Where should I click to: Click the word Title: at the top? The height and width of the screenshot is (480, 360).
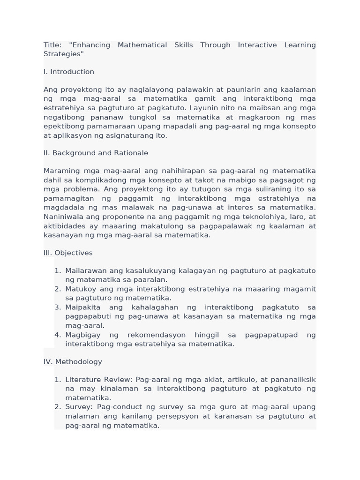tap(52, 45)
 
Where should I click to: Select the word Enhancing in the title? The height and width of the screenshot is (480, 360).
tap(91, 45)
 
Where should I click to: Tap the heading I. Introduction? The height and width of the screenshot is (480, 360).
tap(69, 72)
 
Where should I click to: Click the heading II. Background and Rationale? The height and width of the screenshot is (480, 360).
tap(96, 153)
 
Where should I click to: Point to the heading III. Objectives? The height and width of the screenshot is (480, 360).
tap(68, 253)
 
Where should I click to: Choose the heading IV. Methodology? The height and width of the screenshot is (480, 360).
tap(73, 361)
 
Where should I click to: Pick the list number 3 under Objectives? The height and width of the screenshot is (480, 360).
tap(57, 307)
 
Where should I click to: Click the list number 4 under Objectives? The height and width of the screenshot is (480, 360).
tap(57, 335)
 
